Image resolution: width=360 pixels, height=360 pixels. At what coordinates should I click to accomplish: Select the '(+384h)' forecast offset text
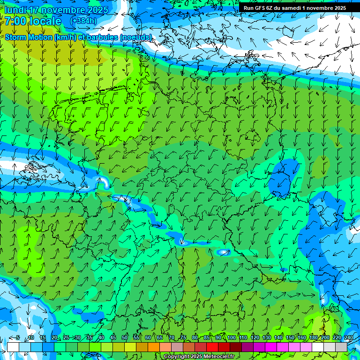point(83,21)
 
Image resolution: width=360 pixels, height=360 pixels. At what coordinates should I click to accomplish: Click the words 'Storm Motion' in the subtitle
point(29,37)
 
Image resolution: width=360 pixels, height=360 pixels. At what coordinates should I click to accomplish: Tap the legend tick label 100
point(232,337)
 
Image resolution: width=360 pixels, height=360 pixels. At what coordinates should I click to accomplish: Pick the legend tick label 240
point(349,337)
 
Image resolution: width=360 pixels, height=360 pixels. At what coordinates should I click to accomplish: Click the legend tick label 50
point(125,337)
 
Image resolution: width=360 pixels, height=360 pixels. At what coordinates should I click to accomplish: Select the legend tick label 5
point(18,337)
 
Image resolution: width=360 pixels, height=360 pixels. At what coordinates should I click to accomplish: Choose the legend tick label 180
point(313,337)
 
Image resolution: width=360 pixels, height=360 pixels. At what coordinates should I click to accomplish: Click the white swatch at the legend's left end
point(13,347)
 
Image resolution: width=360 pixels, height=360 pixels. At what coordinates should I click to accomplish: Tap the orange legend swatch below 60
point(154,347)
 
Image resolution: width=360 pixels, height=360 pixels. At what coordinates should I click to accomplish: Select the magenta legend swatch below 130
point(271,347)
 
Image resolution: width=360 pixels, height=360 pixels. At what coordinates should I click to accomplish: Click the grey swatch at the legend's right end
point(341,347)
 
